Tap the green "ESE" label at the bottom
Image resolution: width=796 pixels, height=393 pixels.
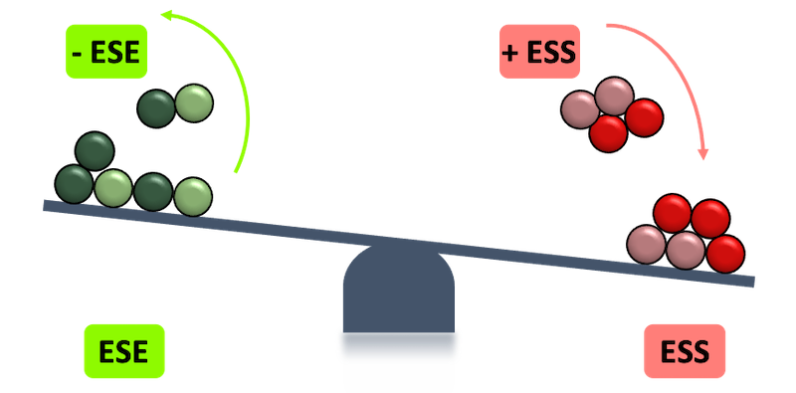point(123,352)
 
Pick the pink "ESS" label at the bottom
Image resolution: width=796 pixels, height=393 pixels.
point(684,352)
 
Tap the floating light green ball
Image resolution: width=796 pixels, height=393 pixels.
point(194,103)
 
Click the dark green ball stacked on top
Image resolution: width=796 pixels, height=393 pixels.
point(96,152)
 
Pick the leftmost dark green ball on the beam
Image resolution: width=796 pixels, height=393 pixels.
point(75,184)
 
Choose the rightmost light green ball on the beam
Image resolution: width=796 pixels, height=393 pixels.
point(193,197)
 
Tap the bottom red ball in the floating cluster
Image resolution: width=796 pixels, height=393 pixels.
point(609,133)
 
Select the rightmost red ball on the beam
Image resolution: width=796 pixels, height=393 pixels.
point(725,253)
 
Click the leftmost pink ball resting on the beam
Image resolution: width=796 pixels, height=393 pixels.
point(646,244)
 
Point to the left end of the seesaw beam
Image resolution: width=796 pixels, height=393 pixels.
point(46,204)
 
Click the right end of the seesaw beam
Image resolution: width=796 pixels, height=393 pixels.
point(751,283)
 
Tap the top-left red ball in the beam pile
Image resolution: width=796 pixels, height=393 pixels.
point(675,214)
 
